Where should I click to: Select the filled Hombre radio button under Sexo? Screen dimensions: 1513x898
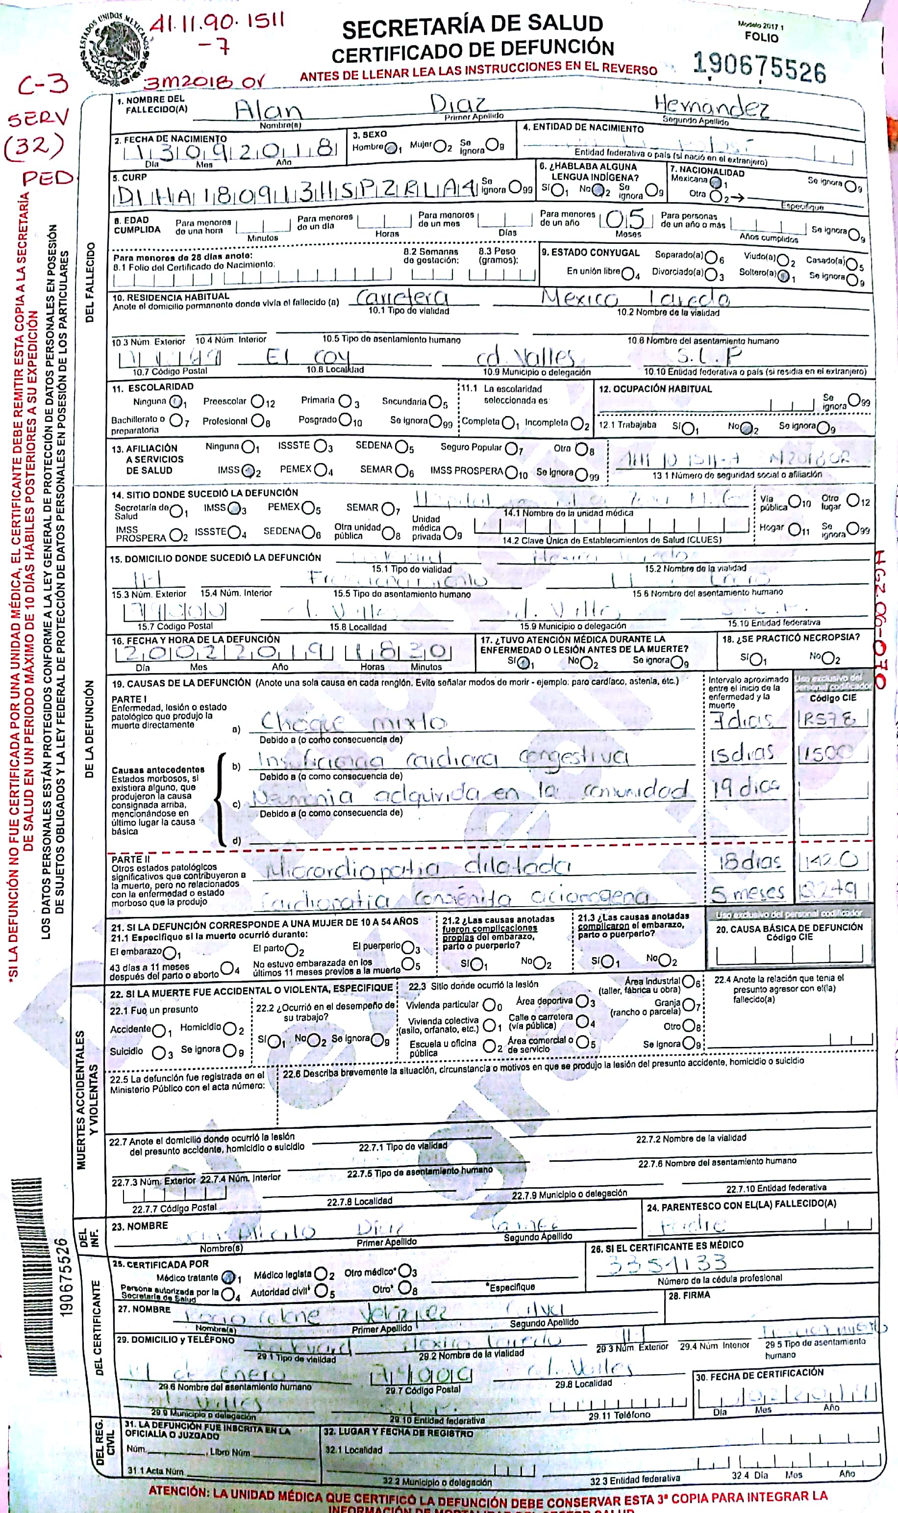(x=393, y=147)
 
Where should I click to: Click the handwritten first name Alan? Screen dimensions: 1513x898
(x=268, y=111)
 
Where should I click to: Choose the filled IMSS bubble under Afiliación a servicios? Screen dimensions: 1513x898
(x=248, y=470)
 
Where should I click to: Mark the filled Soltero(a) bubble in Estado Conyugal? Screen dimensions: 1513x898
(x=784, y=277)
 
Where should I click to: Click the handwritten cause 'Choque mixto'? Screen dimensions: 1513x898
(x=353, y=721)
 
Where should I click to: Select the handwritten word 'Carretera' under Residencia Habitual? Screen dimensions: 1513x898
(x=402, y=298)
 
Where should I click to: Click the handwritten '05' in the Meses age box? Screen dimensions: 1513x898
(x=625, y=219)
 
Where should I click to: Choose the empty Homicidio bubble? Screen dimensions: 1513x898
(x=229, y=1029)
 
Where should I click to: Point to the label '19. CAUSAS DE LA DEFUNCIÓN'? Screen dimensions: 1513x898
(x=181, y=683)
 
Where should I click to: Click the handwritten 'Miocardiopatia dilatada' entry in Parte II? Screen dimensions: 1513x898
(x=418, y=867)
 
